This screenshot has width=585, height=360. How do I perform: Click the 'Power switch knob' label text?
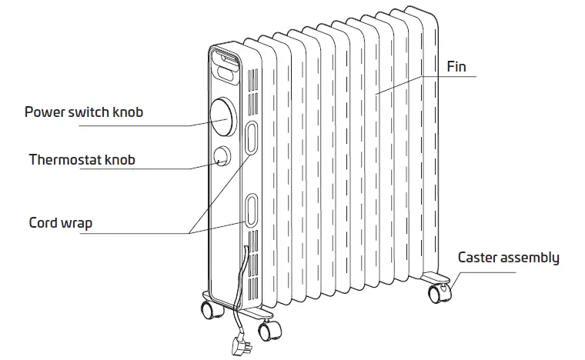84,112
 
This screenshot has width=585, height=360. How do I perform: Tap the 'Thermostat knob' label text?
82,160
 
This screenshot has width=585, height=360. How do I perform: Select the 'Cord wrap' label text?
61,223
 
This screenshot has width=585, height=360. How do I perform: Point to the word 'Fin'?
456,67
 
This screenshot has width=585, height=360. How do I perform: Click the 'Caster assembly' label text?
508,258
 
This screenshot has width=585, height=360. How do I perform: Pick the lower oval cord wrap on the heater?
252,209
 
